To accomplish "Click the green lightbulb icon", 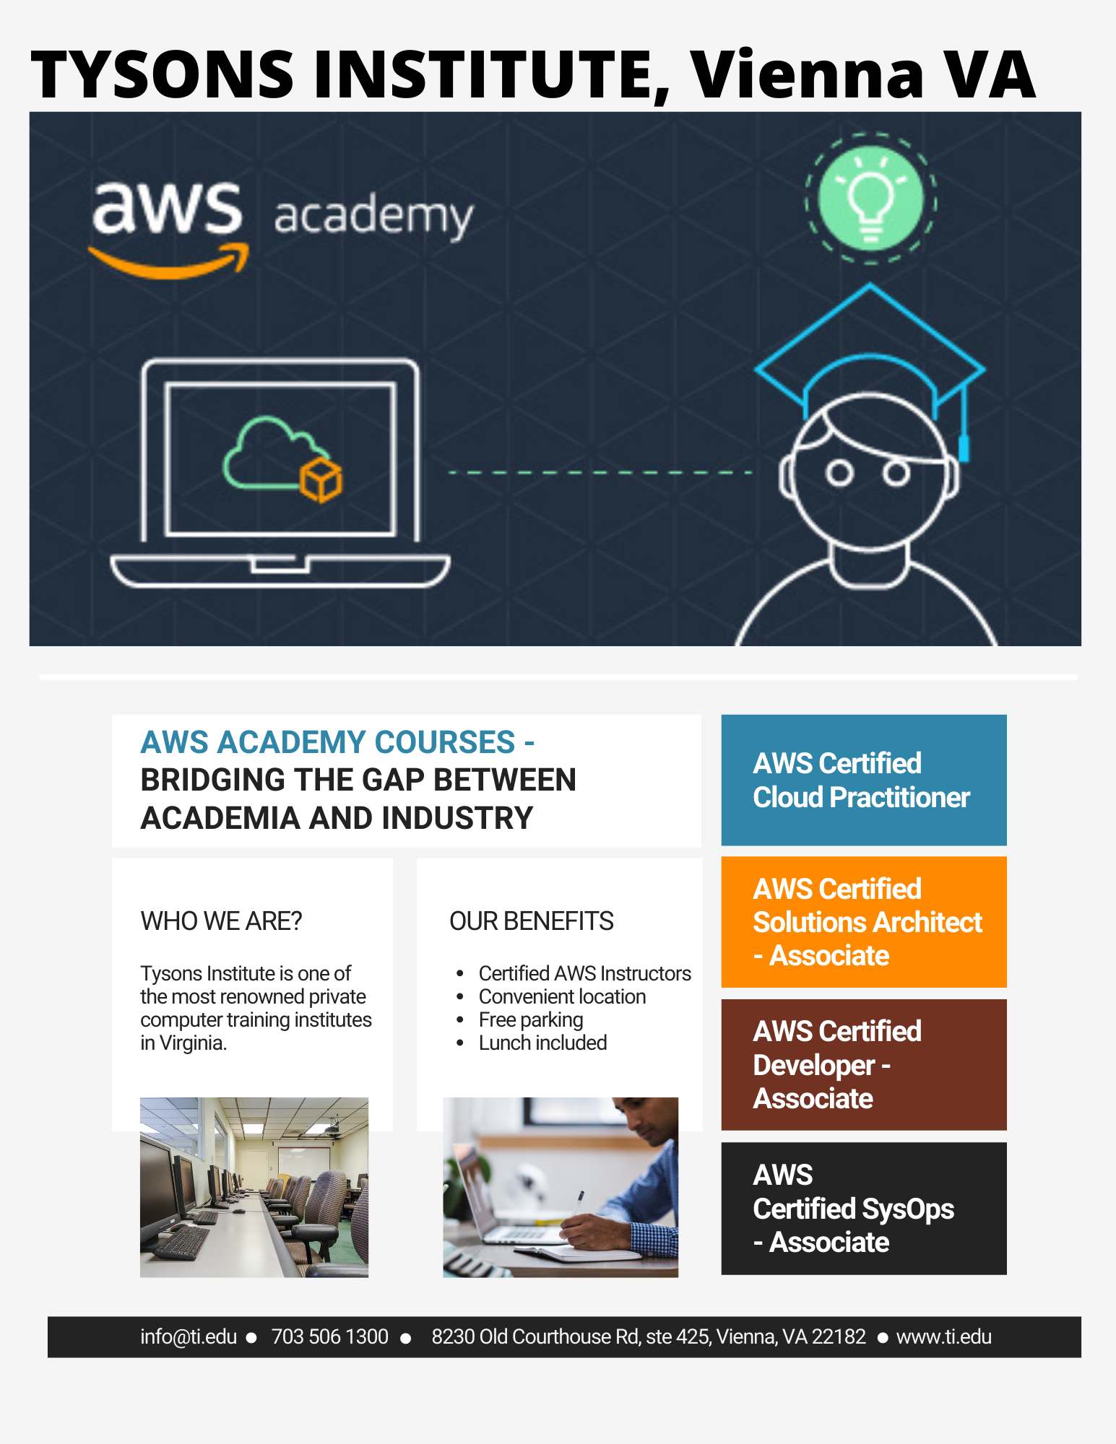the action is [870, 198].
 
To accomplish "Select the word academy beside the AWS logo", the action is [373, 217].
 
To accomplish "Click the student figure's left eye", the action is [839, 474].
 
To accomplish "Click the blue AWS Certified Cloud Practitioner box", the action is [864, 780].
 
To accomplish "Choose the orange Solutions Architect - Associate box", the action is [864, 922].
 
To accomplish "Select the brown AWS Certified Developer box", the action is [864, 1065].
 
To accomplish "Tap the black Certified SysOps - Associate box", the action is [864, 1208].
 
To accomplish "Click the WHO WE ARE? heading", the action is [221, 921].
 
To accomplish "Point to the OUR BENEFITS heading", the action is [532, 921].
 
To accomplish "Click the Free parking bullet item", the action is [531, 1019].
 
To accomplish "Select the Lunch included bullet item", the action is [542, 1043].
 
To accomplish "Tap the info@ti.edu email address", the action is [189, 1337].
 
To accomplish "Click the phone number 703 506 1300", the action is [330, 1337].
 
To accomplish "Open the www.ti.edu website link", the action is [943, 1337].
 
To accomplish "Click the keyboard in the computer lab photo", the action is [179, 1240].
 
